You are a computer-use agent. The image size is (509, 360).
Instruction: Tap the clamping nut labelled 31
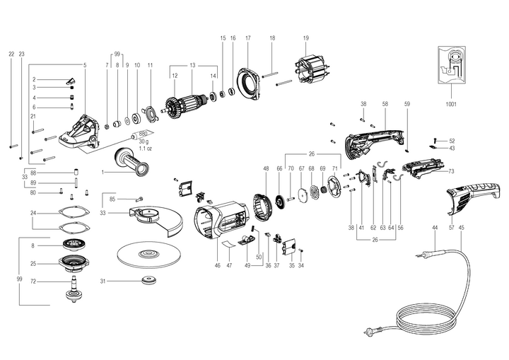149,281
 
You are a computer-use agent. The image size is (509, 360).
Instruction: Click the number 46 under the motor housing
218,266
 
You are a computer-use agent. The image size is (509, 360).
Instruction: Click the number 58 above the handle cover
385,104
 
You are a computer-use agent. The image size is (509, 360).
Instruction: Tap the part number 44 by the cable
435,228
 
